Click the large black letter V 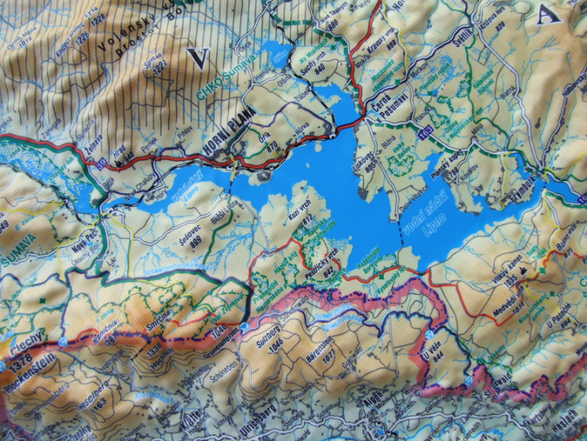tap(199, 58)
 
